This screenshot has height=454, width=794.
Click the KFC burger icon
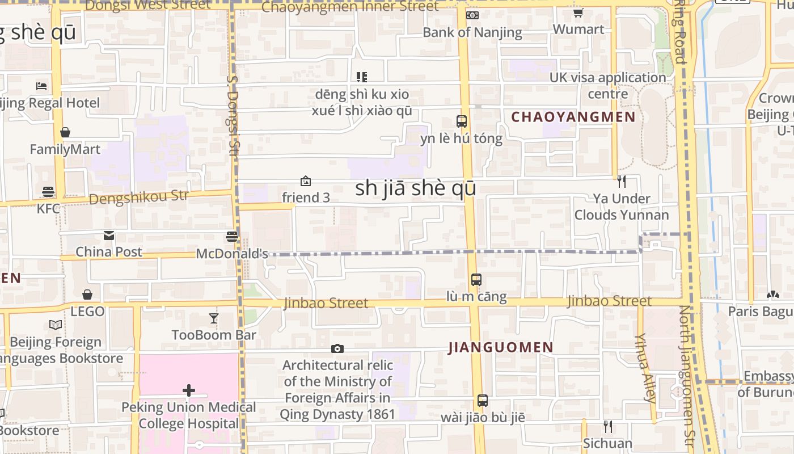click(48, 192)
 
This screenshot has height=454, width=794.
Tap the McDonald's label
click(232, 254)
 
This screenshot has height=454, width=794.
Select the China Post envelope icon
click(108, 235)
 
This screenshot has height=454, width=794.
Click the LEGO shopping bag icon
click(87, 295)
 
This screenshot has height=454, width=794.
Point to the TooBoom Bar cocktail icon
click(214, 318)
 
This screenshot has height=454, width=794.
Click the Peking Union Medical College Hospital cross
click(189, 390)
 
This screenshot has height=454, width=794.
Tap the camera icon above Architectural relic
click(337, 348)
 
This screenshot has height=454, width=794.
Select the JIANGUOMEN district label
click(501, 347)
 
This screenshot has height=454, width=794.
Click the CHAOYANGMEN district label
click(573, 117)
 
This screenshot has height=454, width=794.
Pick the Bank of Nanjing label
click(472, 32)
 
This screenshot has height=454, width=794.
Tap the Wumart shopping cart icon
click(578, 13)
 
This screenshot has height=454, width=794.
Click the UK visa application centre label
click(607, 85)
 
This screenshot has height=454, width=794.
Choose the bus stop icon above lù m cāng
click(476, 279)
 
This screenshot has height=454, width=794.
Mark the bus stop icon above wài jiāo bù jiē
click(482, 401)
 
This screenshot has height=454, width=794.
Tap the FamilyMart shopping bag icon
click(65, 132)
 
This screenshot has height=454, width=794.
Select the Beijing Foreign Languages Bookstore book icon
click(55, 325)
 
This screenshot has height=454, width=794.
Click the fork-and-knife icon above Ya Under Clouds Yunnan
click(622, 182)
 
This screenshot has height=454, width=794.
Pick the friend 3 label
click(306, 197)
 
